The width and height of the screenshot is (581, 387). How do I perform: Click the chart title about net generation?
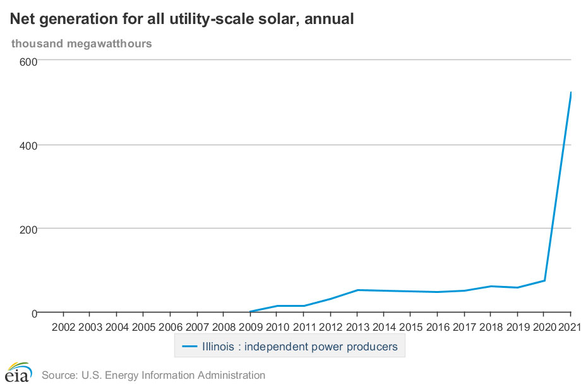click(182, 20)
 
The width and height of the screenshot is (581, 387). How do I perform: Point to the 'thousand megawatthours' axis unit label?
click(81, 44)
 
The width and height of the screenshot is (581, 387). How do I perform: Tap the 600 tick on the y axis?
click(28, 61)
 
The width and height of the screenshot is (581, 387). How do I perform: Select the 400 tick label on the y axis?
click(28, 145)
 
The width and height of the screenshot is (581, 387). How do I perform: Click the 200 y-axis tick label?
click(28, 229)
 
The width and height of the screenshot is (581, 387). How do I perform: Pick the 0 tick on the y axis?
click(34, 313)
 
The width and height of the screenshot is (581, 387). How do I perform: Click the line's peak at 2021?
click(571, 92)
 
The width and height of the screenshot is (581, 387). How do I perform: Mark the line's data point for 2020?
click(544, 280)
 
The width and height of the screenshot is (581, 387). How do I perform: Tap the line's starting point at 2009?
click(250, 312)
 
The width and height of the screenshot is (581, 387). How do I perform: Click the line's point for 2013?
click(357, 290)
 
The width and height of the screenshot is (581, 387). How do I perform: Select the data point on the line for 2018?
click(491, 286)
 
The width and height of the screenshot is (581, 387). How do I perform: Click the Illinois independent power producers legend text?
click(299, 347)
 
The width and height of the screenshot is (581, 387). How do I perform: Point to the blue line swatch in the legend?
click(190, 347)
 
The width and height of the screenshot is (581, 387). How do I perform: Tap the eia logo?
click(18, 372)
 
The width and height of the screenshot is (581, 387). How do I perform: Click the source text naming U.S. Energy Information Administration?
click(153, 375)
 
